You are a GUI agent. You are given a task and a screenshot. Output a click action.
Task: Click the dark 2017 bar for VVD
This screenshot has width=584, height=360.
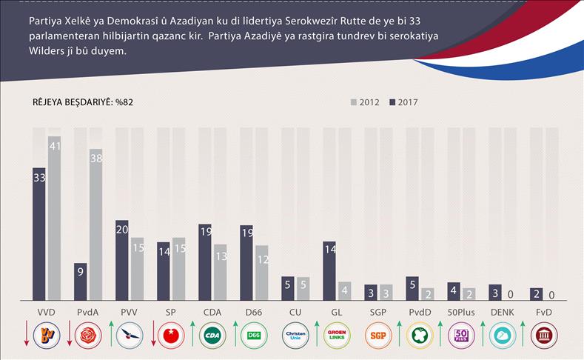39,233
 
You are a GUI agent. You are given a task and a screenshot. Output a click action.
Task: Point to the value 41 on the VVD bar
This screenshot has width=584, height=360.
54,147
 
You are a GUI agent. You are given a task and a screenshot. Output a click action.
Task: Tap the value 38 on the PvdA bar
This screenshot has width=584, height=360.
95,159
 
